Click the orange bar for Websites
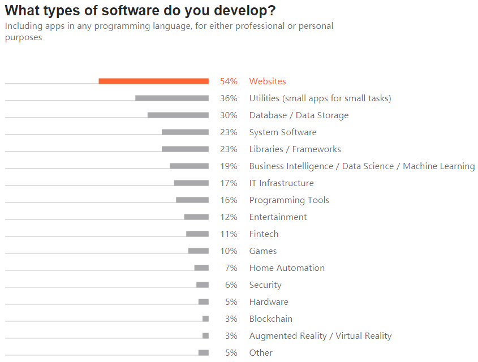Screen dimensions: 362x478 pos(153,81)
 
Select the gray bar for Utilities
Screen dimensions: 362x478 pos(172,98)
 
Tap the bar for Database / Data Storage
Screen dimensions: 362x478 pos(178,115)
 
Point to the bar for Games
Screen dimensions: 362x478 pos(199,251)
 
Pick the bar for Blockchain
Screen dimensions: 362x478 pos(205,319)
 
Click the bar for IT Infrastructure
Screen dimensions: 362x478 pos(191,183)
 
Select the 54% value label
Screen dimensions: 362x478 pos(229,81)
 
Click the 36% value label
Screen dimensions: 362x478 pos(229,98)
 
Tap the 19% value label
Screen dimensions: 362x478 pos(229,166)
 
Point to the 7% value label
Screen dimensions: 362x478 pos(231,268)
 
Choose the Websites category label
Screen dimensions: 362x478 pos(268,81)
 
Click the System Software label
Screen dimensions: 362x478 pos(283,132)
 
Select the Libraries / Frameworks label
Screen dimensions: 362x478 pos(295,149)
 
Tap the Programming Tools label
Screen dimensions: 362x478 pos(289,200)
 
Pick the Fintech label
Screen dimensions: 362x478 pos(264,234)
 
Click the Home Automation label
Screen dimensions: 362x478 pos(287,268)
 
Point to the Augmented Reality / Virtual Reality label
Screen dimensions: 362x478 pos(320,336)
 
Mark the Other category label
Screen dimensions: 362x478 pos(261,353)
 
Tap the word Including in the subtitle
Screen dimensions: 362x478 pos(22,26)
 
